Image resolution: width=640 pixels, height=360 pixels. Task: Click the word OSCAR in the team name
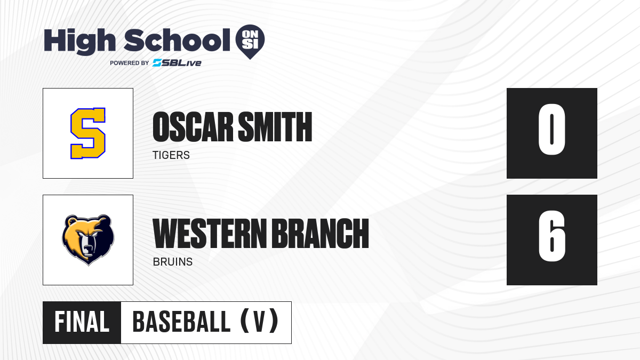pyautogui.click(x=193, y=126)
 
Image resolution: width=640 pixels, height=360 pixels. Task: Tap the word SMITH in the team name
pyautogui.click(x=275, y=126)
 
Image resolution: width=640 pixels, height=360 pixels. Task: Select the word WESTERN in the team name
pyautogui.click(x=210, y=233)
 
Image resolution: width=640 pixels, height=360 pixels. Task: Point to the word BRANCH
pyautogui.click(x=321, y=233)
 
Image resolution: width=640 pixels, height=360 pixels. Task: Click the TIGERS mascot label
pyautogui.click(x=171, y=155)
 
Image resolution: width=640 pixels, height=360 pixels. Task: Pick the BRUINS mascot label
pyautogui.click(x=173, y=262)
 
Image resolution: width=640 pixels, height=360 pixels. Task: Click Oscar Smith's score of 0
pyautogui.click(x=551, y=130)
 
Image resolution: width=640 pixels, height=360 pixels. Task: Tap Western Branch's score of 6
pyautogui.click(x=551, y=236)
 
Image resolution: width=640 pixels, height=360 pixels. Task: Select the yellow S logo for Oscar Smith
pyautogui.click(x=88, y=133)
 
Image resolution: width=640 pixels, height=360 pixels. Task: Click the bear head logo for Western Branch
pyautogui.click(x=88, y=240)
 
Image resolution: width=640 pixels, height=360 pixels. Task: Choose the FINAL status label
pyautogui.click(x=82, y=322)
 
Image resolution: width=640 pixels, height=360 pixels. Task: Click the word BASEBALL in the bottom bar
pyautogui.click(x=181, y=322)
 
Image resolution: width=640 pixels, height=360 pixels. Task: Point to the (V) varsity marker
pyautogui.click(x=259, y=321)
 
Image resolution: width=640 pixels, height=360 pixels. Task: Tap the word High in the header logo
pyautogui.click(x=79, y=41)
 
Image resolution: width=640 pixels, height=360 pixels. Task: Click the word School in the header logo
pyautogui.click(x=177, y=40)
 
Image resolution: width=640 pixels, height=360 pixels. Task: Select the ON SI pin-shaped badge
pyautogui.click(x=250, y=42)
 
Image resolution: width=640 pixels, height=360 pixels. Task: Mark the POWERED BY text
pyautogui.click(x=130, y=63)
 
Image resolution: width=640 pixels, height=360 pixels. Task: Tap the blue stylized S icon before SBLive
pyautogui.click(x=157, y=63)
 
